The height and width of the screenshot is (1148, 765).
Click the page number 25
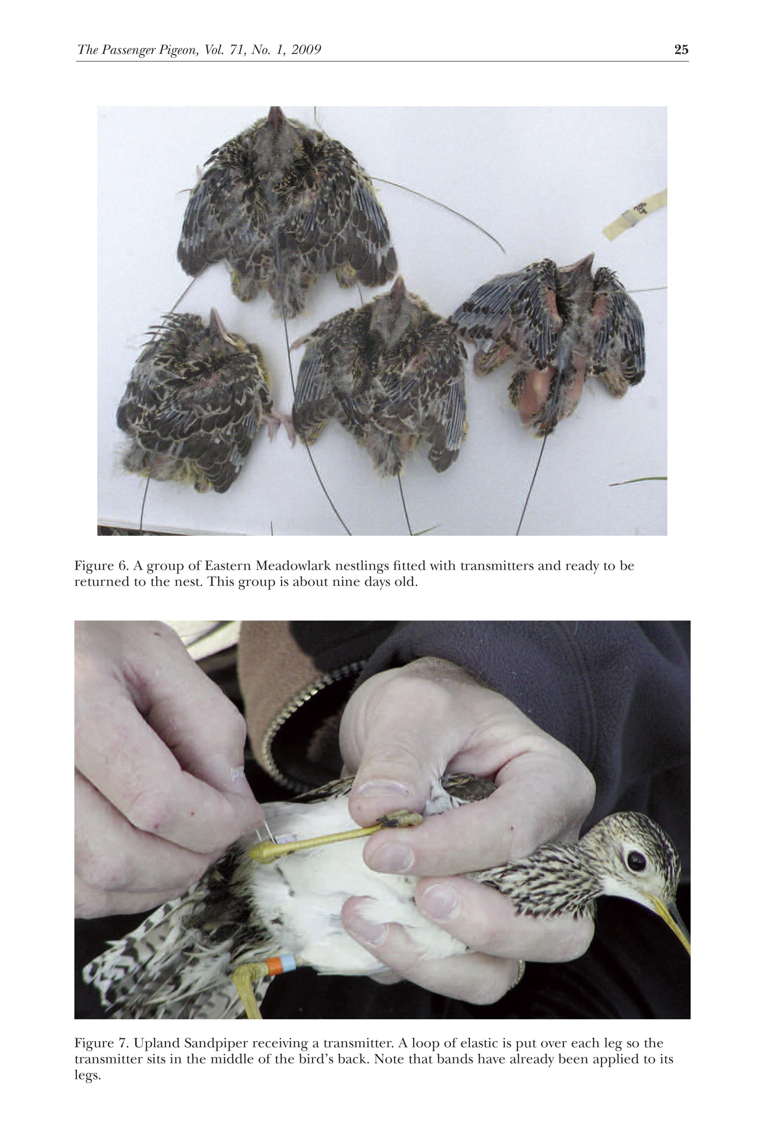click(x=681, y=49)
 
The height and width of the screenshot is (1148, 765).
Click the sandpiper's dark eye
click(x=636, y=861)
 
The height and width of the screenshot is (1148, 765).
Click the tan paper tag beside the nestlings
click(x=635, y=215)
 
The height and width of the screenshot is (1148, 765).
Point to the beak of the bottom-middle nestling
click(x=399, y=290)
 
